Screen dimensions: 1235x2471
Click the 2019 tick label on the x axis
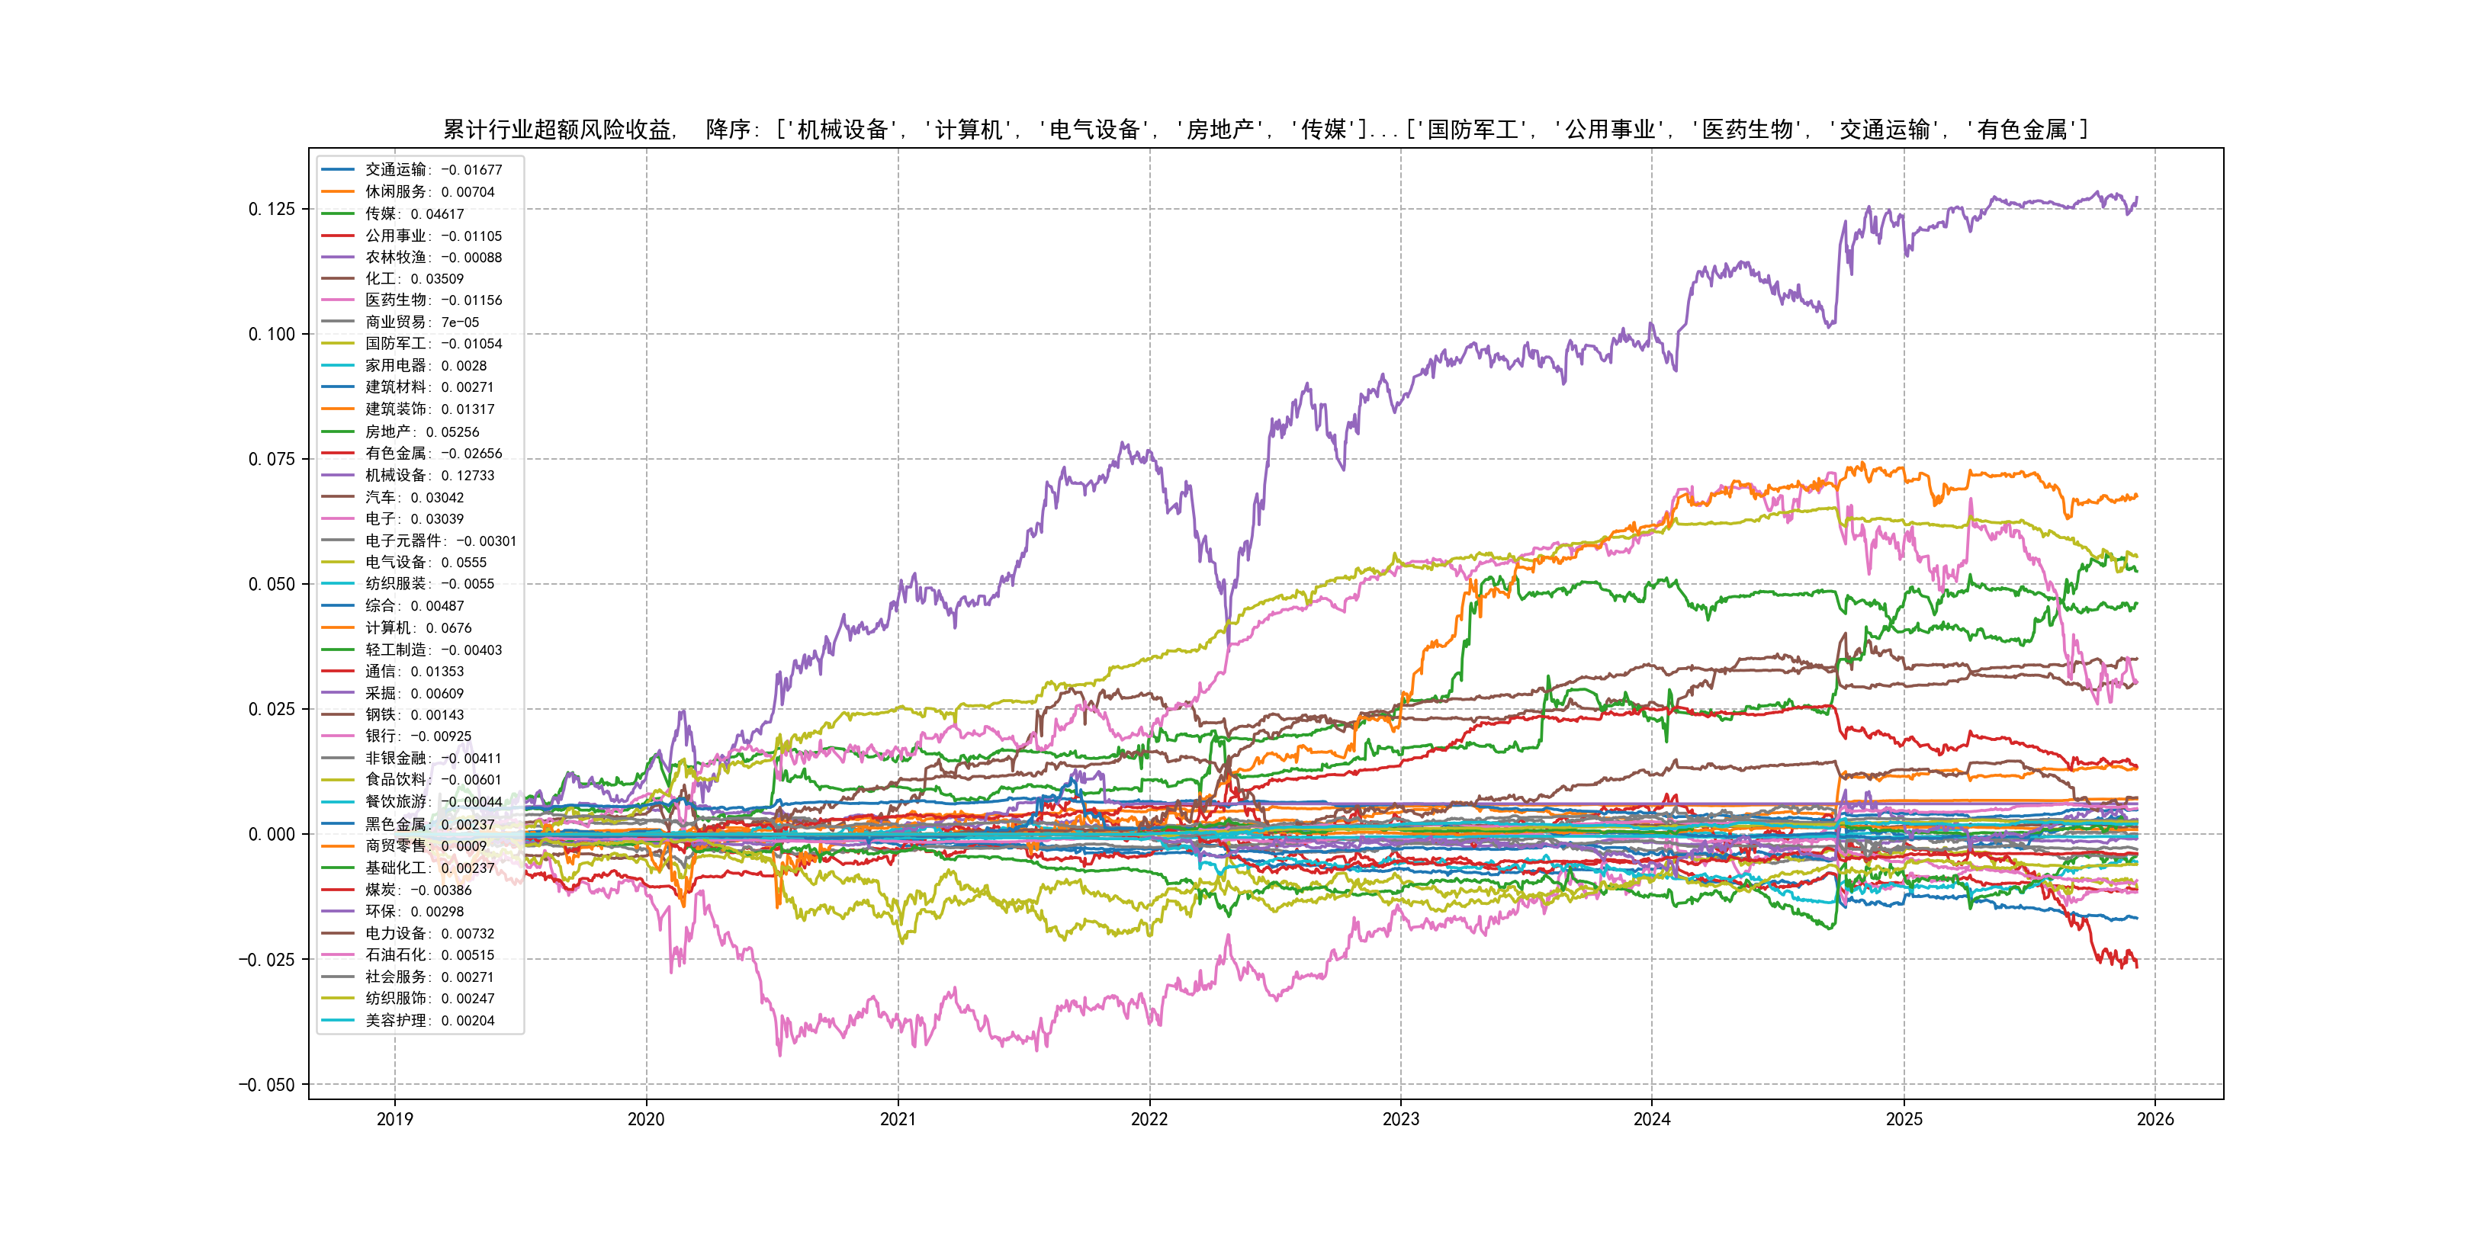pos(394,1119)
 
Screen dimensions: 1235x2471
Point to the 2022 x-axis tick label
pos(1149,1119)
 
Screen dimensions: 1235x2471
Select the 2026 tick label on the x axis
pos(2154,1119)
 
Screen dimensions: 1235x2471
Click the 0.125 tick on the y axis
pos(272,209)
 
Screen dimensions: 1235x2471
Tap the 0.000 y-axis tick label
pos(272,834)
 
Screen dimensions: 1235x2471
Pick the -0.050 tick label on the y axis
pos(267,1085)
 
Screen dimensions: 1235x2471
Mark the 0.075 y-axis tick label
pos(272,459)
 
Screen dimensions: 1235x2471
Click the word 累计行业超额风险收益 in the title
pos(557,130)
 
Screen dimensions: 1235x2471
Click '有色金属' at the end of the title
pos(2022,130)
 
